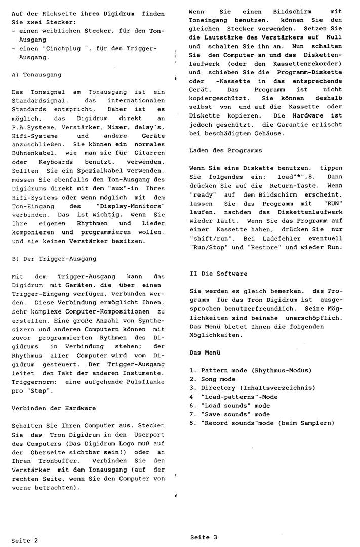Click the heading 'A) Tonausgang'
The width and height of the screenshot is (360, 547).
[x=36, y=74]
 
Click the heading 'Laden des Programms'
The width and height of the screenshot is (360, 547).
[x=225, y=151]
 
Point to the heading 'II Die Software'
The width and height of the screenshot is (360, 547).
[x=218, y=273]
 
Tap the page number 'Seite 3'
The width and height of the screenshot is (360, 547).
[x=204, y=537]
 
